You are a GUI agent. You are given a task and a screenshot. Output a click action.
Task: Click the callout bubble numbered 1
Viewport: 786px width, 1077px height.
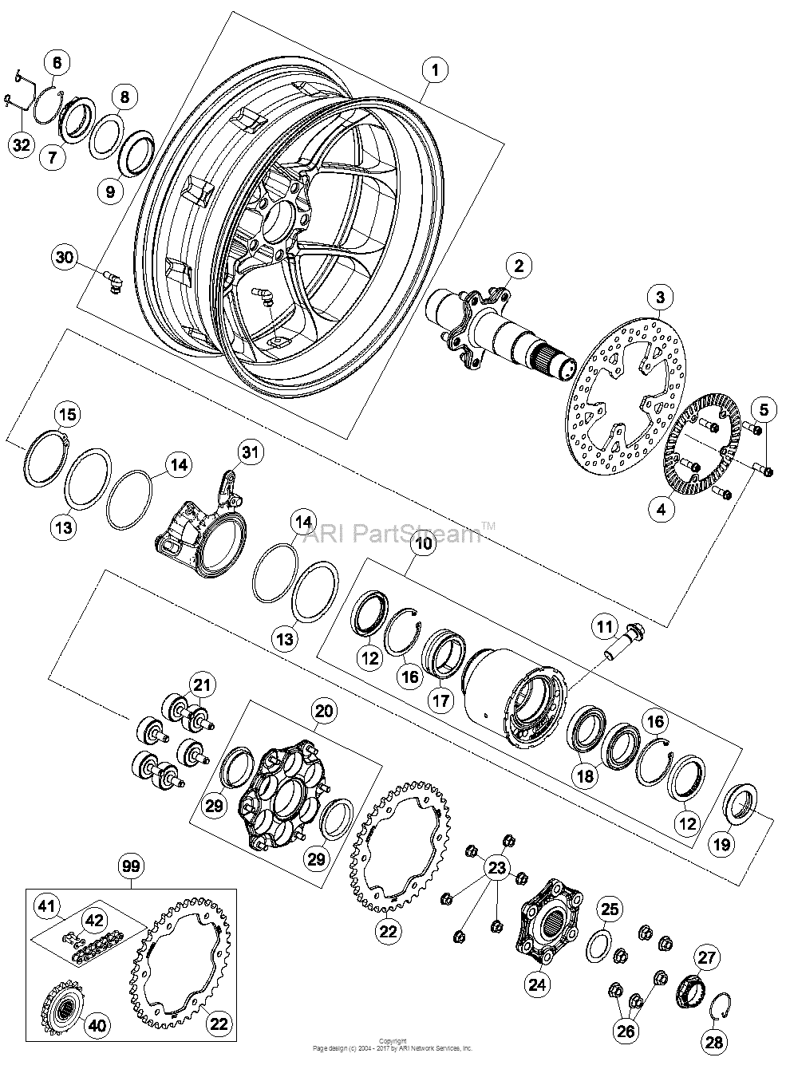[x=435, y=71]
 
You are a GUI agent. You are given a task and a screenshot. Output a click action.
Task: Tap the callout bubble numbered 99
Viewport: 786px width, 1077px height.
[x=132, y=865]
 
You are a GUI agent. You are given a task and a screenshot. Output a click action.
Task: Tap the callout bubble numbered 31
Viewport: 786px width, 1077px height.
[x=251, y=452]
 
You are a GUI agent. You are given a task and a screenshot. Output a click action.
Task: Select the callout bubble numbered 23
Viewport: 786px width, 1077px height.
[x=497, y=867]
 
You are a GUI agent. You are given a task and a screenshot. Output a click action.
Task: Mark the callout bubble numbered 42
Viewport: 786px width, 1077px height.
[x=94, y=919]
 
